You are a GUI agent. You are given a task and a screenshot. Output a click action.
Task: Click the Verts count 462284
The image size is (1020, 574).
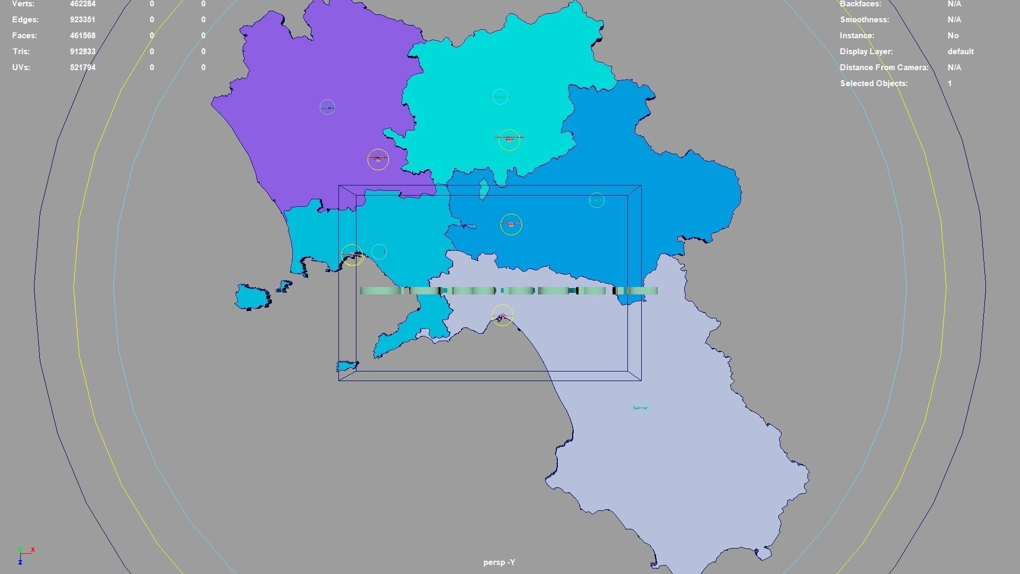point(82,4)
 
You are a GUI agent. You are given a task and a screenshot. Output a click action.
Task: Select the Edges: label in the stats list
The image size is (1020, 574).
point(25,20)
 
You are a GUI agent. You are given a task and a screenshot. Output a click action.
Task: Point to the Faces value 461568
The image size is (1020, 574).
point(82,36)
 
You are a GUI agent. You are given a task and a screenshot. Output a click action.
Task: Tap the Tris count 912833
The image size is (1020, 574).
point(82,52)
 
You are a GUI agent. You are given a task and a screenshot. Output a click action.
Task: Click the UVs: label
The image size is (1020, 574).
point(21,67)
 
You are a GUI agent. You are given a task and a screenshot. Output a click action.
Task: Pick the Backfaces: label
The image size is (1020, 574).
point(860,4)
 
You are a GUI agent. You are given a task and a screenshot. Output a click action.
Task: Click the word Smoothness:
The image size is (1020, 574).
point(864,20)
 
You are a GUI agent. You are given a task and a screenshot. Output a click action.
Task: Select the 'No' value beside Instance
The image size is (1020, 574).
point(953,36)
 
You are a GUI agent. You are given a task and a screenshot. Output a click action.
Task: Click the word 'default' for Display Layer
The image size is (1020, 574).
point(960,52)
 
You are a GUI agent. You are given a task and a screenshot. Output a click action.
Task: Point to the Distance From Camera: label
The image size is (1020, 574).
point(884,67)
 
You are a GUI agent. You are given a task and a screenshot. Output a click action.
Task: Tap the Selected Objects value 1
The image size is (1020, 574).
point(949,83)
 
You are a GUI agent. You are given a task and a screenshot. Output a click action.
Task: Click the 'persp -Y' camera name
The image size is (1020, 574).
point(499,562)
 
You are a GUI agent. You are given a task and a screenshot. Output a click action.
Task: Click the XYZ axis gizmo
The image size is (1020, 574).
point(24,554)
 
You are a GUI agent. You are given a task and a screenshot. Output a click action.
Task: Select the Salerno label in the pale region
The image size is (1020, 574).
point(640,408)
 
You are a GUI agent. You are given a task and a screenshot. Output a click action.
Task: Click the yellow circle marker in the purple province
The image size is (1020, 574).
point(378,159)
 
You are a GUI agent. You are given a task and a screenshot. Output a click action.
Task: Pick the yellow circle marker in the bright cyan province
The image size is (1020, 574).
point(509,139)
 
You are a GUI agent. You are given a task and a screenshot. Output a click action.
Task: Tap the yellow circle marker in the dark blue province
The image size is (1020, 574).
point(511,224)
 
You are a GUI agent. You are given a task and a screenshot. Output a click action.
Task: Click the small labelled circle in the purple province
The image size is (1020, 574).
point(327,107)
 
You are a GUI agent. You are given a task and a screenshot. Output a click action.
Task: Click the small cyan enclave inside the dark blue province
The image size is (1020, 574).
point(484,189)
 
